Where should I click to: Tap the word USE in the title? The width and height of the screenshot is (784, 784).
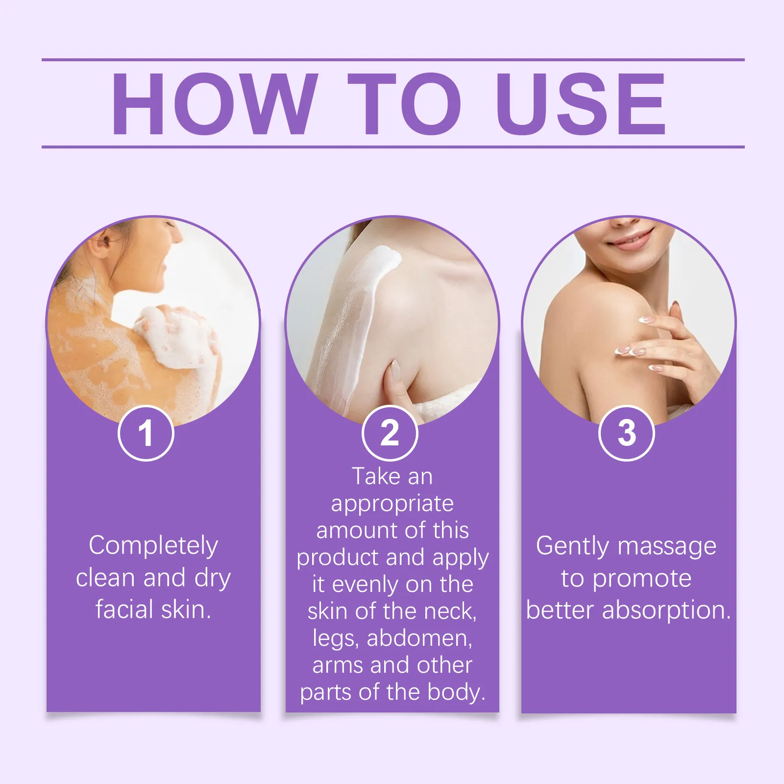click(x=581, y=103)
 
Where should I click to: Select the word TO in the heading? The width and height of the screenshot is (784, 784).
click(x=405, y=103)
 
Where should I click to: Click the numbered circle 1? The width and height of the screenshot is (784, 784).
click(x=146, y=433)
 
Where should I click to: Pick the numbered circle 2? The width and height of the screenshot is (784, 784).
click(x=390, y=433)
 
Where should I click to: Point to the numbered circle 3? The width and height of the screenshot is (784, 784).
click(x=627, y=433)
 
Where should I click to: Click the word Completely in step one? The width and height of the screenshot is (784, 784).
click(x=153, y=546)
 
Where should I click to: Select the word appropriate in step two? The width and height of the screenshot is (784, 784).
click(x=392, y=505)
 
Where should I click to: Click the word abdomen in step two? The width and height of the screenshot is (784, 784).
click(x=419, y=638)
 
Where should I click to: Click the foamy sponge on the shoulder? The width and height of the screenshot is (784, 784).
click(x=179, y=336)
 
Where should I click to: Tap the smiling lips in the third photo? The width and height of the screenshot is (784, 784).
click(x=632, y=239)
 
